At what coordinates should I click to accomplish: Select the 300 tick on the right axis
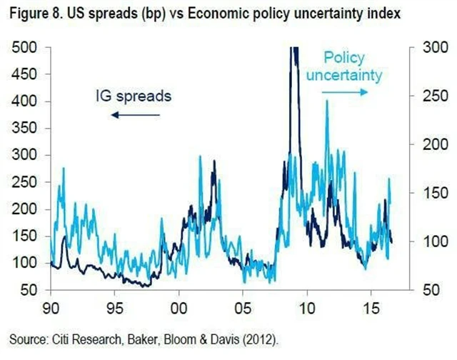click(x=431, y=48)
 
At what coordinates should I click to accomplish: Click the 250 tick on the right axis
click(x=431, y=96)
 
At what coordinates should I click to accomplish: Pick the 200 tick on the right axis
click(x=431, y=145)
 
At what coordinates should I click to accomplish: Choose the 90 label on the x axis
click(x=51, y=313)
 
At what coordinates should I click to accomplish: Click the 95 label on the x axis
click(x=114, y=313)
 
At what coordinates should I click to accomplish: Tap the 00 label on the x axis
click(x=179, y=313)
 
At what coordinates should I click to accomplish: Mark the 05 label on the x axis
click(x=243, y=313)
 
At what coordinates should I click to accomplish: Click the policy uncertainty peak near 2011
click(x=327, y=102)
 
